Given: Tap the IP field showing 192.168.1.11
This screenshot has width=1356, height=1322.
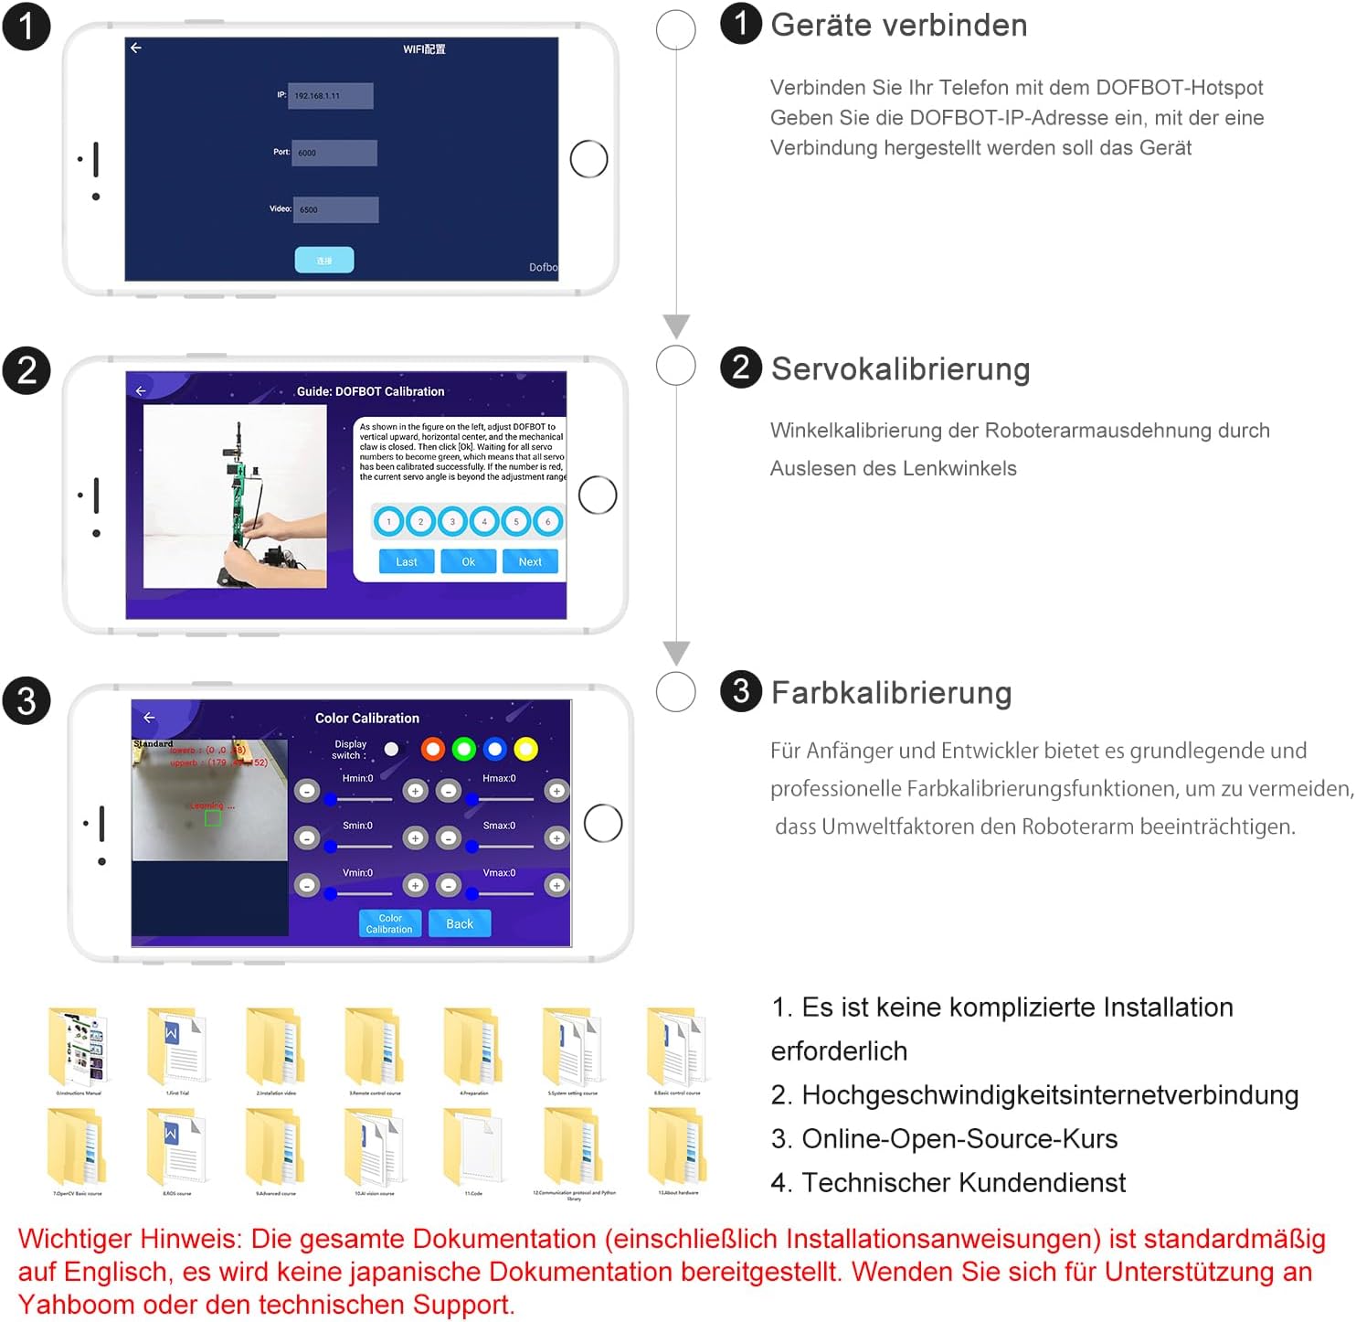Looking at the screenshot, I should [330, 96].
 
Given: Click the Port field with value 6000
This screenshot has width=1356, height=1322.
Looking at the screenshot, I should [334, 153].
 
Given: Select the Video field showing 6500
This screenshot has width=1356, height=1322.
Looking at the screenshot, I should [335, 209].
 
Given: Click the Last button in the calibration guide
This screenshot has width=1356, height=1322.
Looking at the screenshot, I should [407, 561].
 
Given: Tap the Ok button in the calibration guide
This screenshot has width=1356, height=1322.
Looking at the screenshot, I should [468, 561].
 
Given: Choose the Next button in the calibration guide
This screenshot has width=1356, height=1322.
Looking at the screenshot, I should [530, 561].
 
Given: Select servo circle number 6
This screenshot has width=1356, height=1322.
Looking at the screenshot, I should [548, 521].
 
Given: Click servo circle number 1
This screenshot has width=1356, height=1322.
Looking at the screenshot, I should [388, 521].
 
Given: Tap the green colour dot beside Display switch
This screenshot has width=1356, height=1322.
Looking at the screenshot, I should [464, 750].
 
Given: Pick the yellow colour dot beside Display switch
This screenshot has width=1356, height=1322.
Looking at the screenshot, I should [525, 750].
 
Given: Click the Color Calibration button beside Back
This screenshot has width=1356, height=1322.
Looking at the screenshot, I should [389, 923].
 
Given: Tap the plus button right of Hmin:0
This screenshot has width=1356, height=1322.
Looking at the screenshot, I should [416, 791].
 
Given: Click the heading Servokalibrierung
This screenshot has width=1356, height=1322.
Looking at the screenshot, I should [900, 369].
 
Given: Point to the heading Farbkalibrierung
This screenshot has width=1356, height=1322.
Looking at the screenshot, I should [891, 693].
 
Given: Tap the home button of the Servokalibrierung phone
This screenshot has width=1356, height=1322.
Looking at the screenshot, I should [599, 496].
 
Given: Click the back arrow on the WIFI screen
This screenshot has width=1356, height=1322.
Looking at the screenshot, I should [136, 48].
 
